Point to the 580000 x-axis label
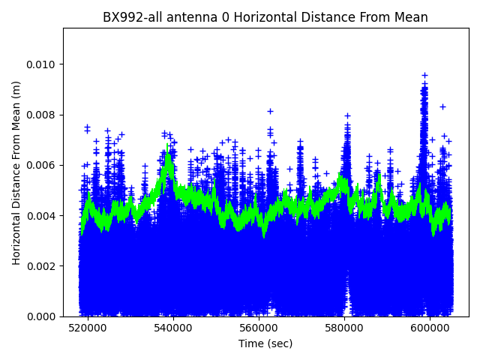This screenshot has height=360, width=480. pos(345,328)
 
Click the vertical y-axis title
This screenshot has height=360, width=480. pos(16,172)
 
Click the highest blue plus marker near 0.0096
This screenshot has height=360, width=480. pos(424,75)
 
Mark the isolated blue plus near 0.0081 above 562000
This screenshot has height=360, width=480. pos(270,111)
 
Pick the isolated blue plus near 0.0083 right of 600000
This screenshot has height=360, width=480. pos(442,106)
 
